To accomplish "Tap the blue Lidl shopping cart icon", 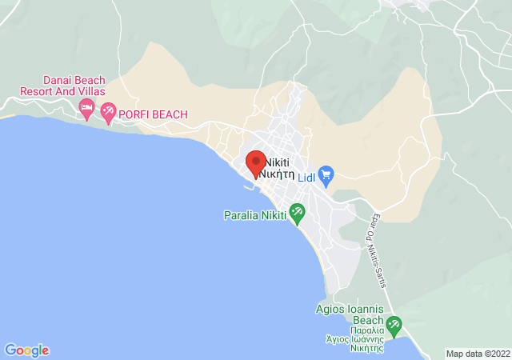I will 326,174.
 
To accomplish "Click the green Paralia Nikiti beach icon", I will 297,213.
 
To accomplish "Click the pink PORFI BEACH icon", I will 108,114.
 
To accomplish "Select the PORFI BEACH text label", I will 154,114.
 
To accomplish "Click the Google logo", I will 26,350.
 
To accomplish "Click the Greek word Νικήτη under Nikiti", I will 278,173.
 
